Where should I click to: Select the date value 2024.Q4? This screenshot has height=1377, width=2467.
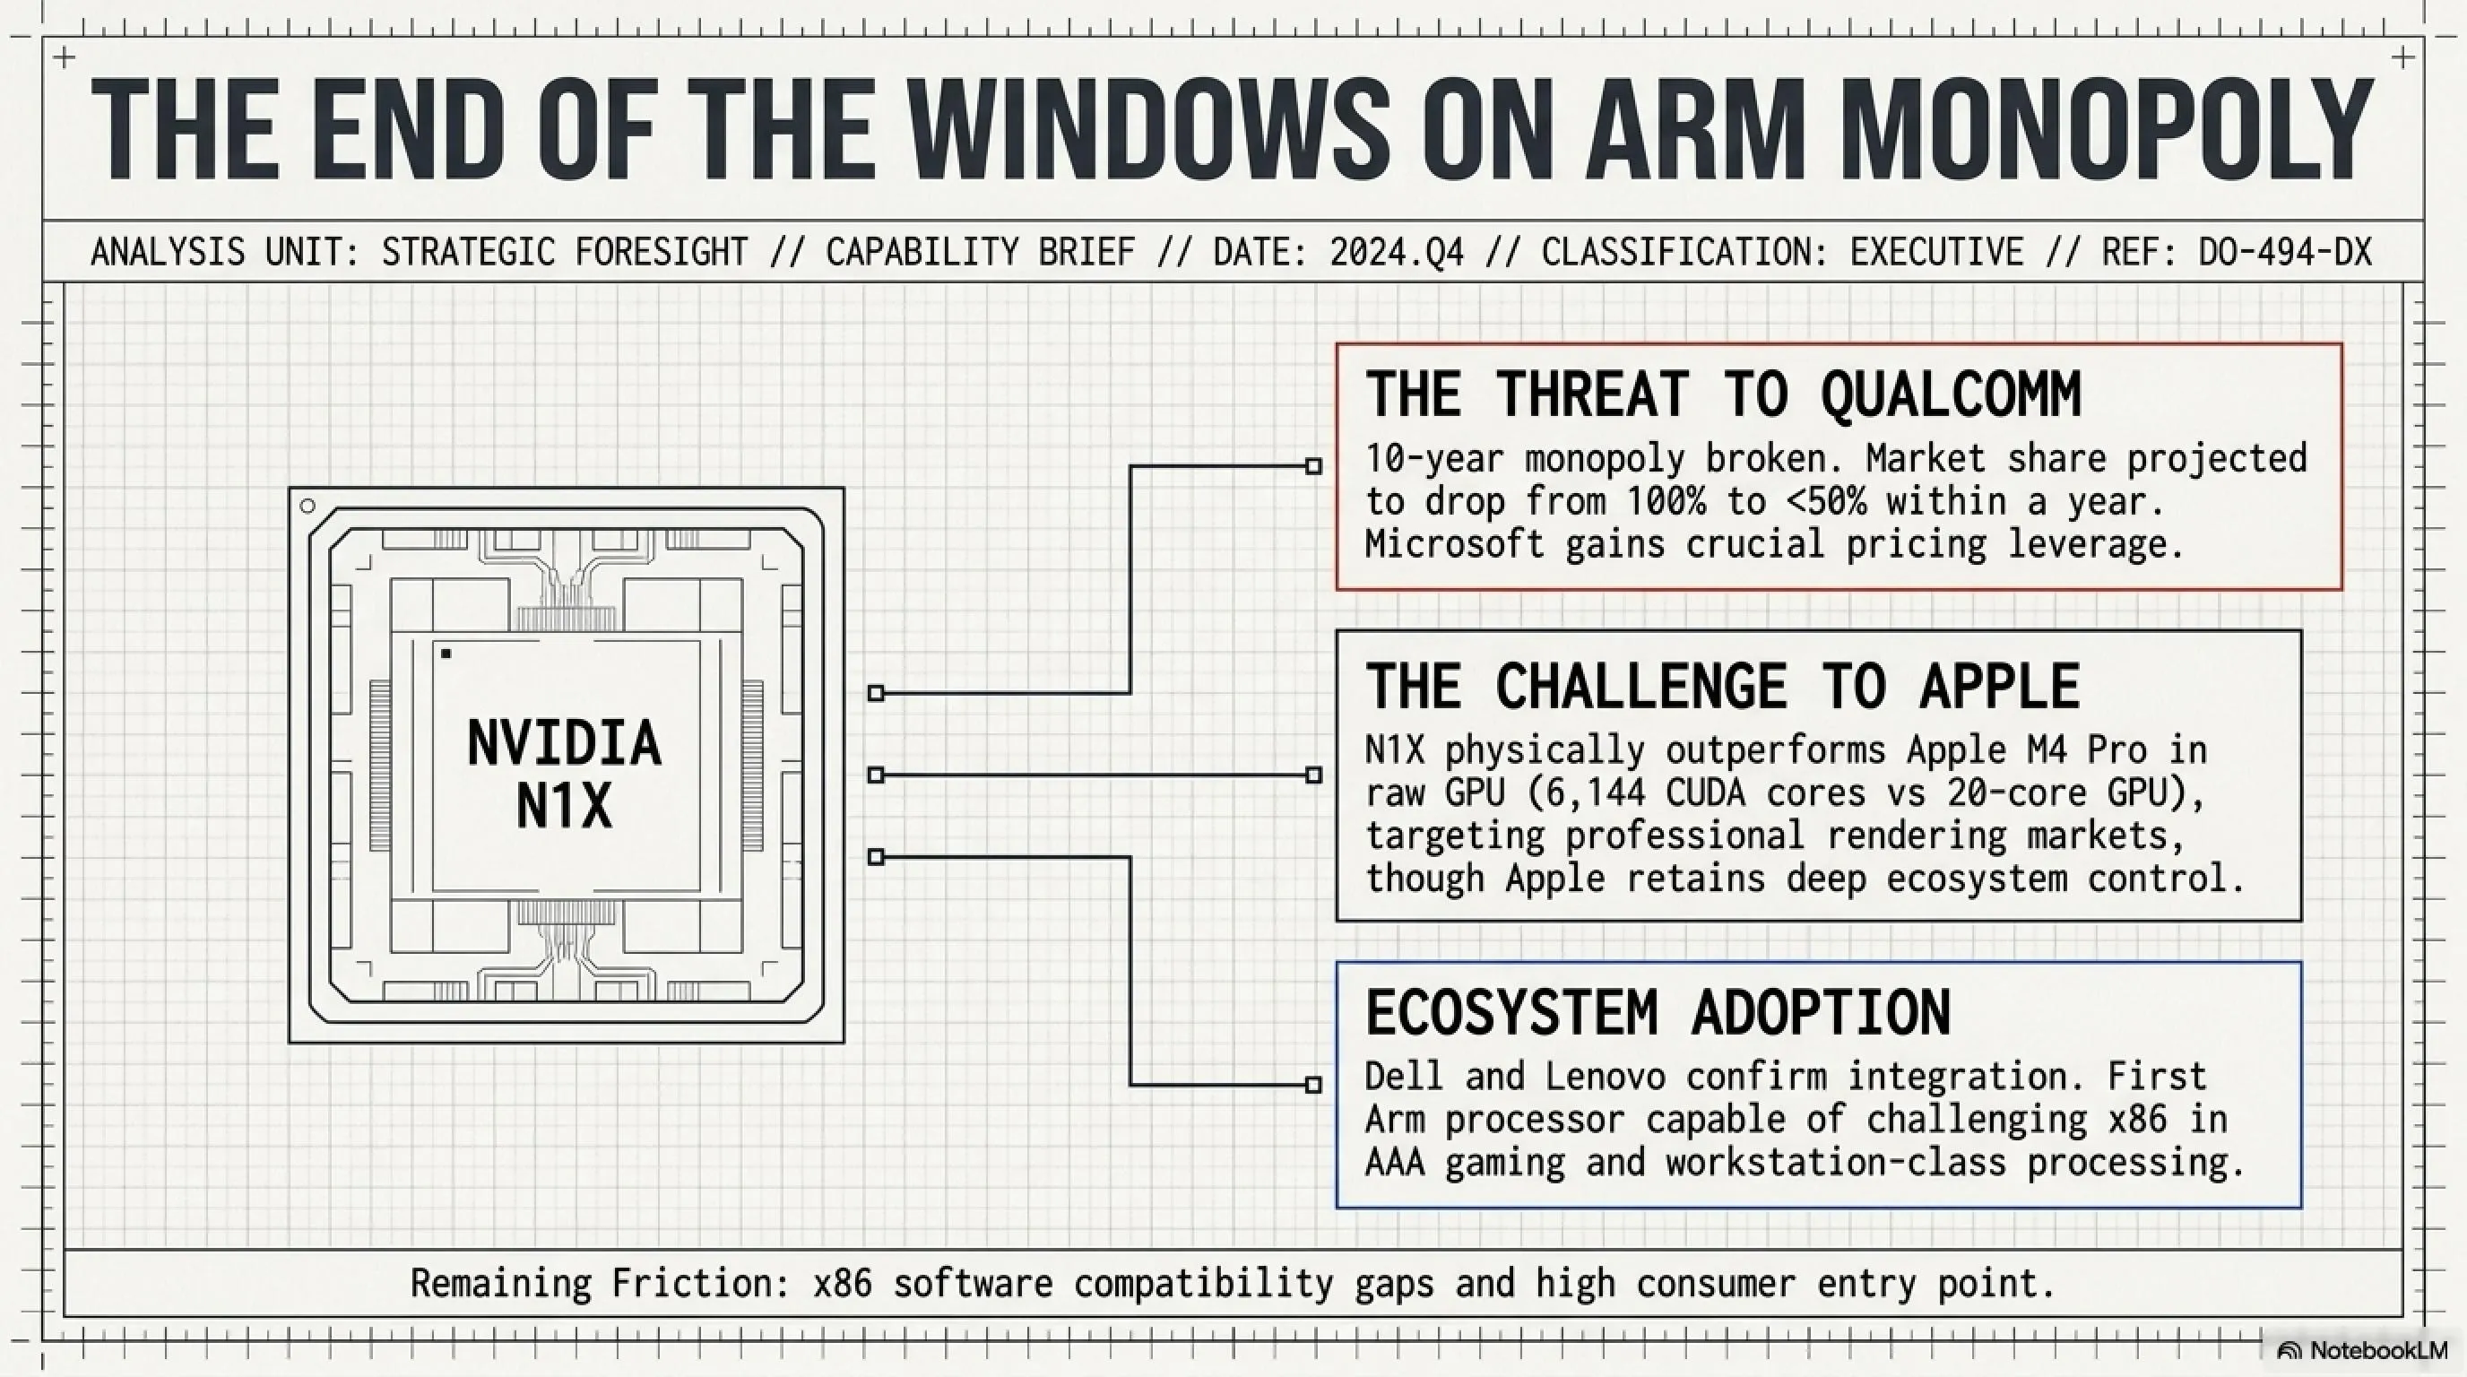point(1397,252)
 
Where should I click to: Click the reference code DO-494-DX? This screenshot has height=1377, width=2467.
point(2284,252)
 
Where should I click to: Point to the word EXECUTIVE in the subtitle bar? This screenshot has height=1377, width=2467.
point(1936,252)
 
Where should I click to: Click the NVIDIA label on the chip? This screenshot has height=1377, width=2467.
point(564,743)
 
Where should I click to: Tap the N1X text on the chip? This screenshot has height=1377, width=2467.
point(564,806)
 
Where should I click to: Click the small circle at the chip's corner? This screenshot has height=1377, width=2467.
point(307,506)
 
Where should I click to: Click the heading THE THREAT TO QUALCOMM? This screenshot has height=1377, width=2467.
point(1723,394)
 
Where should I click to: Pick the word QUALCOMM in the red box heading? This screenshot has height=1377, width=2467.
point(1951,394)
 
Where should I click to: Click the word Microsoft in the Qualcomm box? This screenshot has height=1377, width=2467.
point(1455,544)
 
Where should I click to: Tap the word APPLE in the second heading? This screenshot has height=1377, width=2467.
point(2000,686)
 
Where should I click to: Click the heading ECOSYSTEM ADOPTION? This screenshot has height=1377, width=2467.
point(1658,1012)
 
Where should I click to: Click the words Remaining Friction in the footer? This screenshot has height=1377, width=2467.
point(600,1283)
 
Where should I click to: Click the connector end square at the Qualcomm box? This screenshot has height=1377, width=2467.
point(1314,466)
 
